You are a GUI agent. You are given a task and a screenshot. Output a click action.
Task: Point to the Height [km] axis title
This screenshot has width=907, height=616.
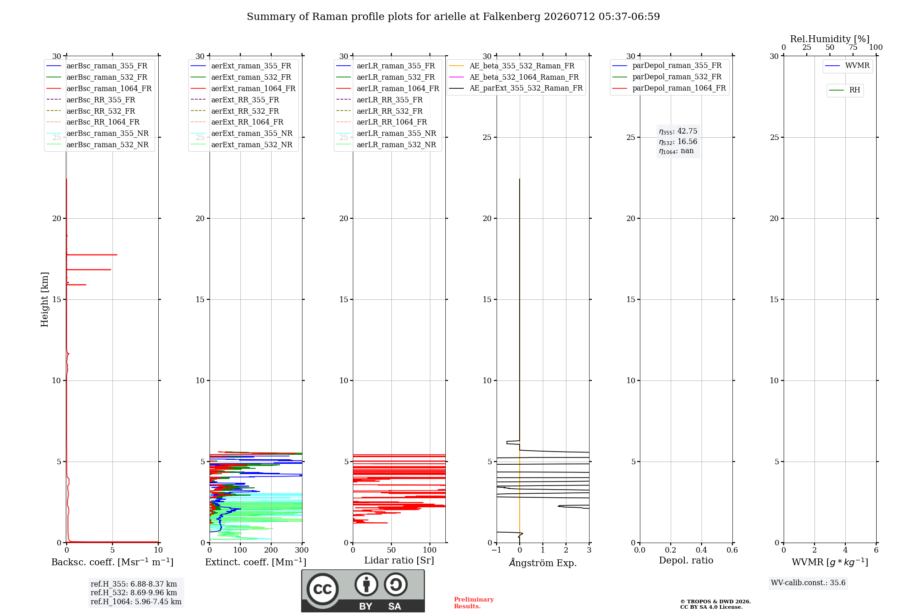[x=44, y=299]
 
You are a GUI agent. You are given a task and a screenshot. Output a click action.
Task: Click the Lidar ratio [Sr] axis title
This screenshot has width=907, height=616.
[x=399, y=560]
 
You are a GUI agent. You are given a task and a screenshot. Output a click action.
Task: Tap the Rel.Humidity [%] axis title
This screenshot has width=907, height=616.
[x=830, y=39]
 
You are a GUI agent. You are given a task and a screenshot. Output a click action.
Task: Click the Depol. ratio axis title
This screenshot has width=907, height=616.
[x=686, y=560]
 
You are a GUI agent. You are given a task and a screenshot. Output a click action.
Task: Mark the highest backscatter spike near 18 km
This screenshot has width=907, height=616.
[x=117, y=255]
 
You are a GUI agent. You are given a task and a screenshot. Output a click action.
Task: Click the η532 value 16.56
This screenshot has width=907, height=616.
[x=688, y=141]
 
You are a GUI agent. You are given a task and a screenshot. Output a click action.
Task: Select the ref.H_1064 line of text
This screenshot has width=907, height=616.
[x=136, y=602]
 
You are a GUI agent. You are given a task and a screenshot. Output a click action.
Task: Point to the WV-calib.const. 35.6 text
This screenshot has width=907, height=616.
[x=808, y=582]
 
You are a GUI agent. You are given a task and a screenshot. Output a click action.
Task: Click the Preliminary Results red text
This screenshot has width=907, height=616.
[x=474, y=603]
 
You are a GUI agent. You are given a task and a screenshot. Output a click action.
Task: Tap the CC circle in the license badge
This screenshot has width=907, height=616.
[x=322, y=589]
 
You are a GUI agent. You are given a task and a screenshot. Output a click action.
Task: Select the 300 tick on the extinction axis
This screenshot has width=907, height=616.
[x=302, y=550]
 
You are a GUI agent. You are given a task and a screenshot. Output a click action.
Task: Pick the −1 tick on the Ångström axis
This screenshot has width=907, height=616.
[x=497, y=550]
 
